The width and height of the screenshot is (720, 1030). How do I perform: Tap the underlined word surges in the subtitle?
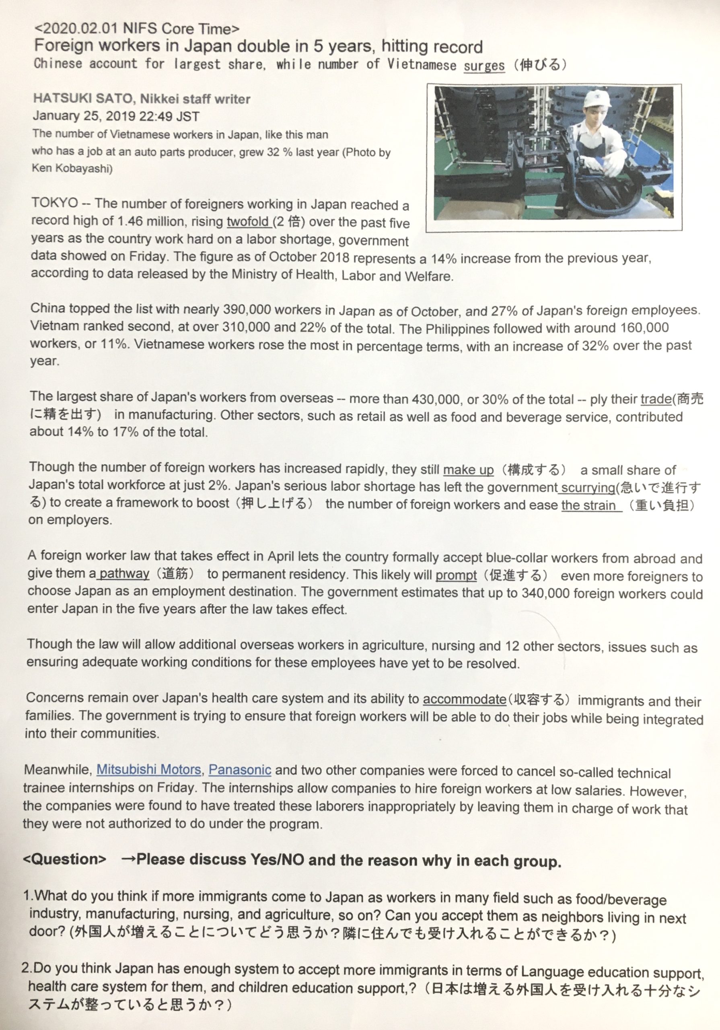pyautogui.click(x=484, y=65)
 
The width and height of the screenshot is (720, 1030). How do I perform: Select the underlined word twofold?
pyautogui.click(x=248, y=222)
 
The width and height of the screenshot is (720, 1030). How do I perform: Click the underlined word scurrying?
pyautogui.click(x=588, y=487)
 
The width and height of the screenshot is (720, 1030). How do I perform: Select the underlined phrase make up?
pyautogui.click(x=468, y=470)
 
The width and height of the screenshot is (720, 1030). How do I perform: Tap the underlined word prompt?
pyautogui.click(x=456, y=575)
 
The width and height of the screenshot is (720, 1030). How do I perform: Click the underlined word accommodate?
pyautogui.click(x=464, y=699)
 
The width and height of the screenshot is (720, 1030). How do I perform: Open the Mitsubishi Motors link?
pyautogui.click(x=148, y=770)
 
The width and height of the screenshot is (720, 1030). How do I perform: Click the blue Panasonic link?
pyautogui.click(x=240, y=770)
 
